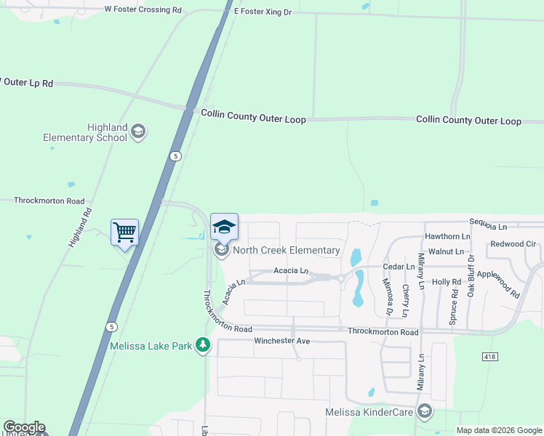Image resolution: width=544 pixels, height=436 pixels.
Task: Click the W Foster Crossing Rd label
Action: click(x=143, y=10)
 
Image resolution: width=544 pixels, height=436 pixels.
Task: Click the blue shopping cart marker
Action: click(x=124, y=233)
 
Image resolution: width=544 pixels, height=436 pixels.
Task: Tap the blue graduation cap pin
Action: click(x=224, y=226)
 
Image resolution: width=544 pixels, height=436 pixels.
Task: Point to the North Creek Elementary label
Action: click(x=286, y=251)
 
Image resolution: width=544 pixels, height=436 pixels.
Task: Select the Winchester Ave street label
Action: click(x=282, y=341)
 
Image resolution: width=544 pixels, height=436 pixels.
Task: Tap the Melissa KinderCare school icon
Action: click(x=425, y=413)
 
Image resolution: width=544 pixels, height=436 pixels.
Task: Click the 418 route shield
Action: click(x=490, y=356)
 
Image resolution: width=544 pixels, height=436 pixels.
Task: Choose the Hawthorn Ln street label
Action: click(x=447, y=236)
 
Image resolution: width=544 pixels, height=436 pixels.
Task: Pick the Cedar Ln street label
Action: click(x=399, y=267)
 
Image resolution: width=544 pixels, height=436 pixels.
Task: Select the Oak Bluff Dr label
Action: click(x=471, y=274)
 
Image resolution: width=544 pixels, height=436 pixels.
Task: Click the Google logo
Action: click(x=24, y=427)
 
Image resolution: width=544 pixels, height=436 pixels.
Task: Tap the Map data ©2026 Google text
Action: click(x=497, y=430)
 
